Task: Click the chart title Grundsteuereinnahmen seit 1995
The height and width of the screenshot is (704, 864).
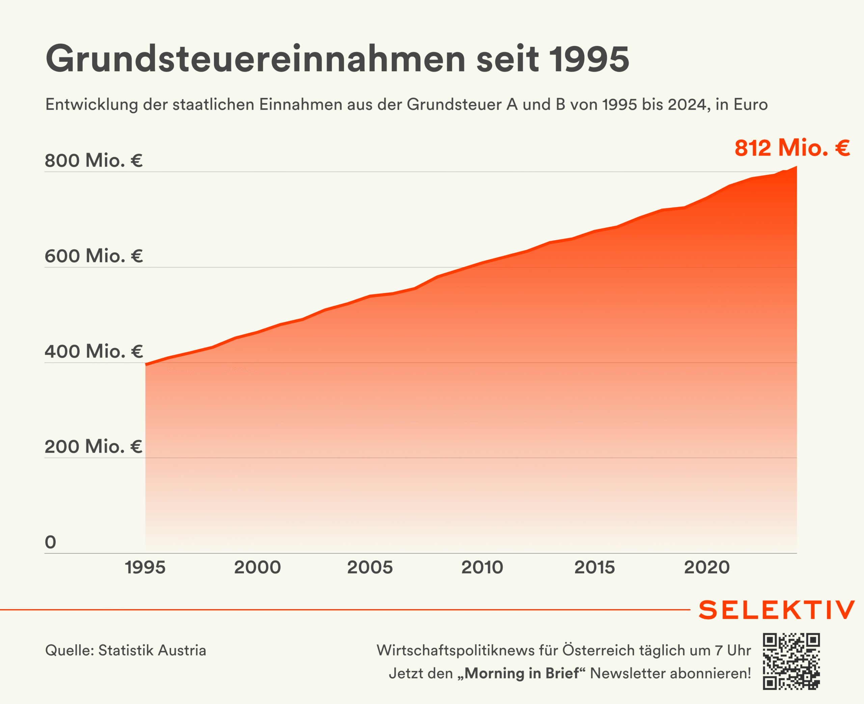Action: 337,59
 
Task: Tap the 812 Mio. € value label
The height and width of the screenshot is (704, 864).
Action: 792,148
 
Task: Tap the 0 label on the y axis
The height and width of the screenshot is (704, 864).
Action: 50,542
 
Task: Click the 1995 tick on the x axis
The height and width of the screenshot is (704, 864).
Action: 145,567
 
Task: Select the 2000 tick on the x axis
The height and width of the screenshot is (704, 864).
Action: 258,567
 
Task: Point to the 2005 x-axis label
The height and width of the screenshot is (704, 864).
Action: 370,567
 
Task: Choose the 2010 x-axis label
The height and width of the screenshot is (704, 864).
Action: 482,567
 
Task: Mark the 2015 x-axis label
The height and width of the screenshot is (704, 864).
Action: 595,567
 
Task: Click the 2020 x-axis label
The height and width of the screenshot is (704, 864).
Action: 707,567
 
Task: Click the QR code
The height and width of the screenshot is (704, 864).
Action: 791,661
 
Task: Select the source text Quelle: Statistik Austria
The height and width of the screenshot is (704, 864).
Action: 126,650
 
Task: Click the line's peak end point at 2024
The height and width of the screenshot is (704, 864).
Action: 796,167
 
